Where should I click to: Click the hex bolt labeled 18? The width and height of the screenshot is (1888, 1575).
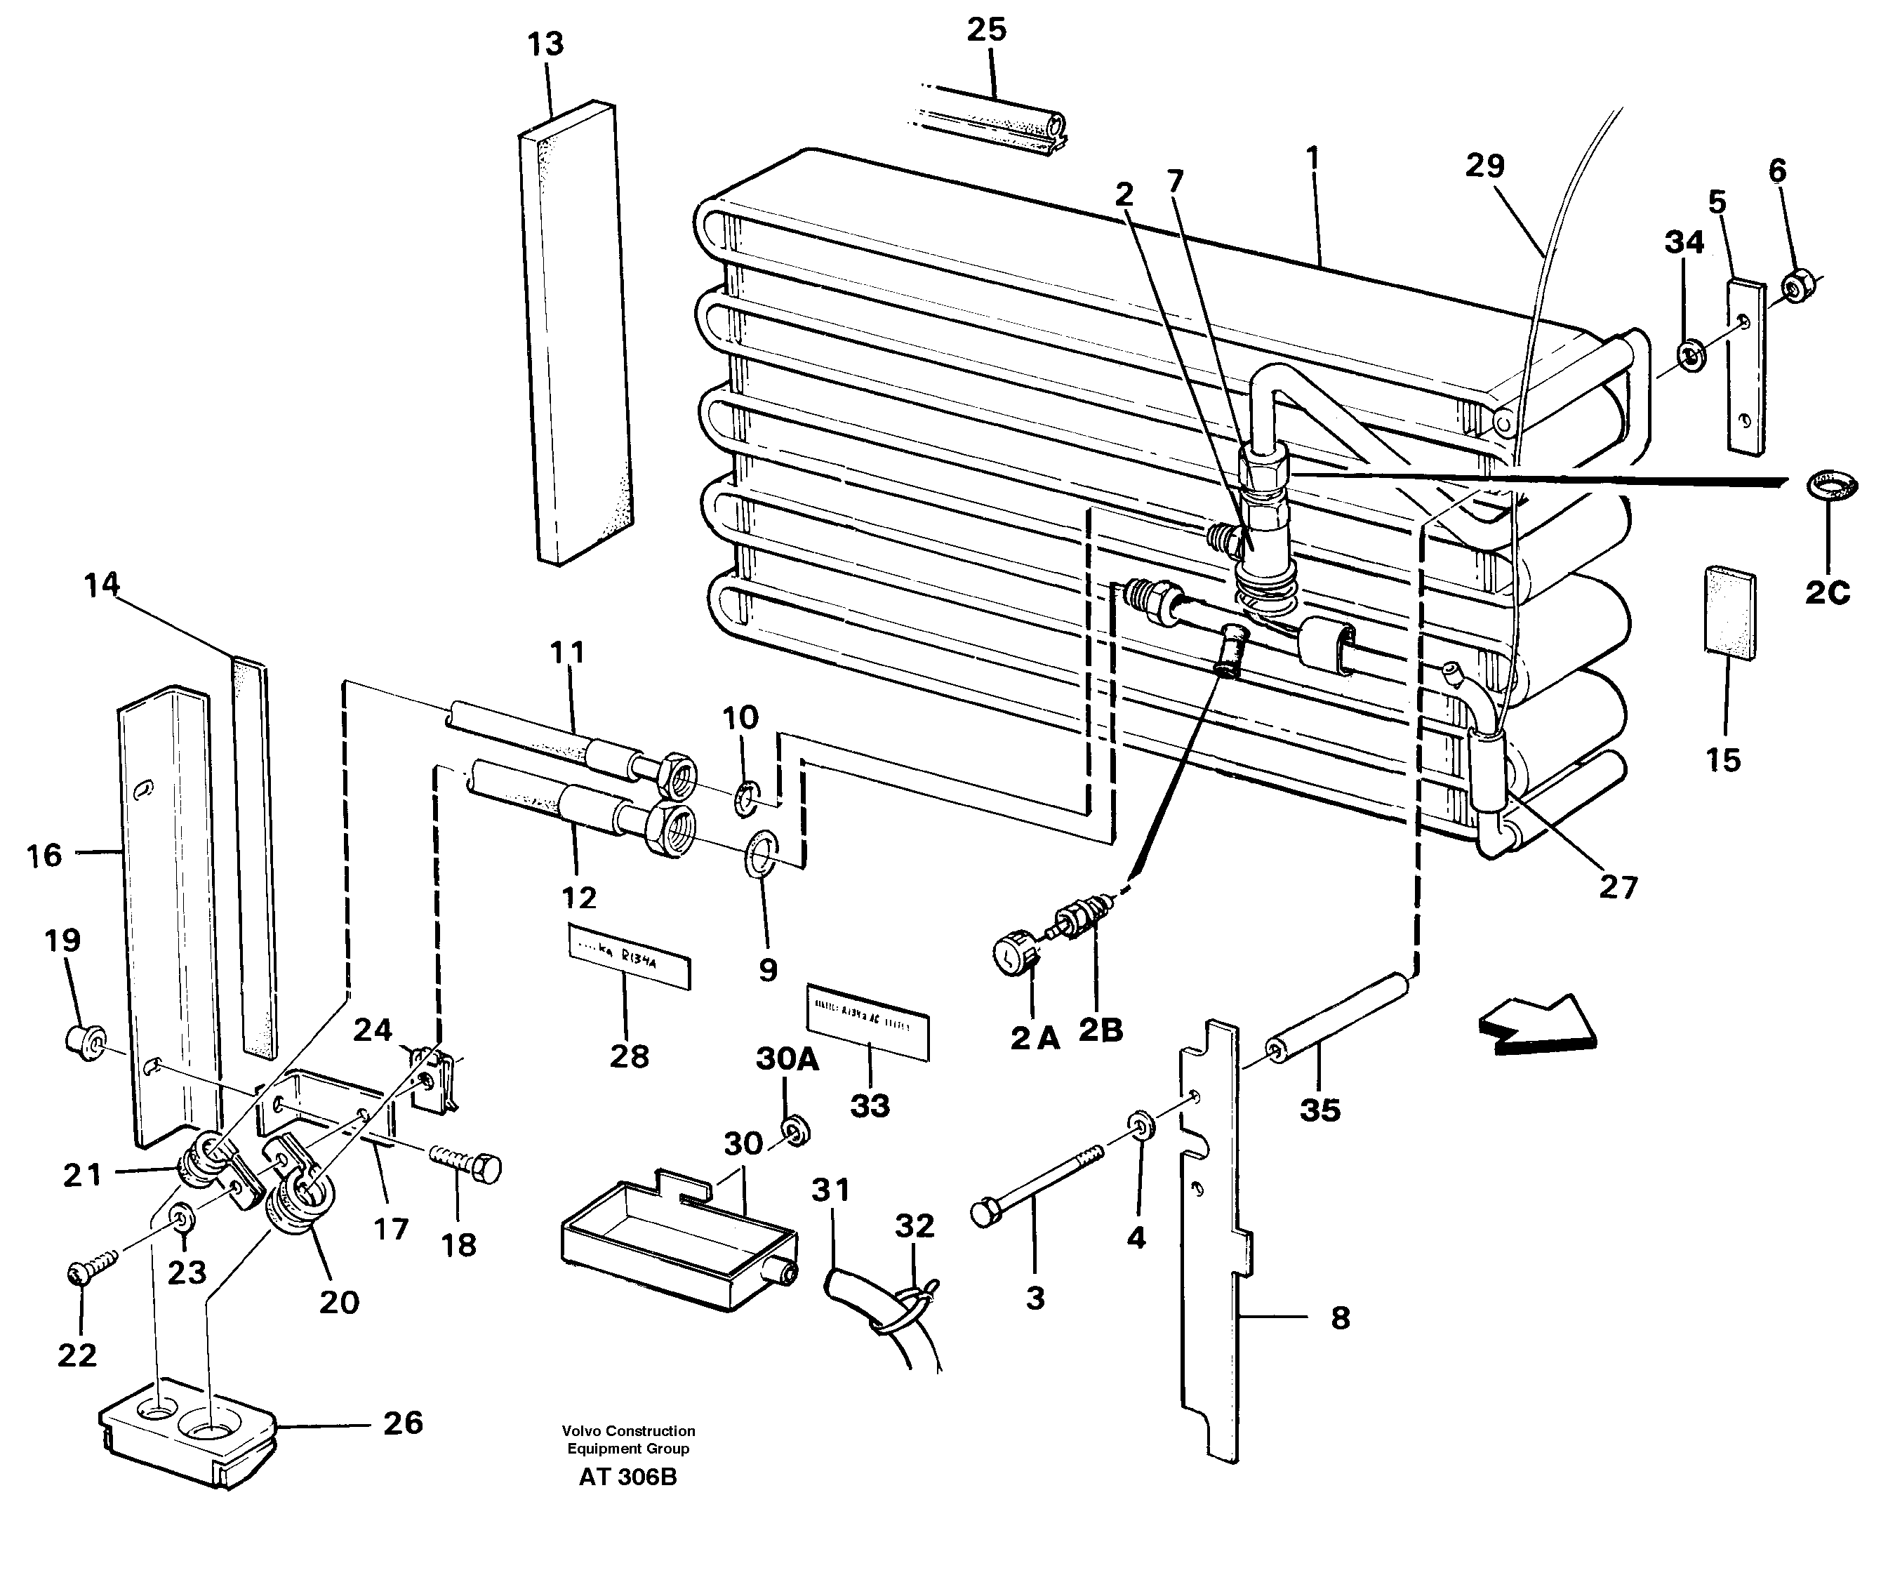(x=468, y=1162)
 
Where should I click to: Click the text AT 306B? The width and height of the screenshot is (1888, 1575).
(x=627, y=1477)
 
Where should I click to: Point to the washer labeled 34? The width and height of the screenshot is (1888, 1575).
(x=1692, y=355)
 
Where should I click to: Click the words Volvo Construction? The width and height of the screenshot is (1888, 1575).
(x=627, y=1431)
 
